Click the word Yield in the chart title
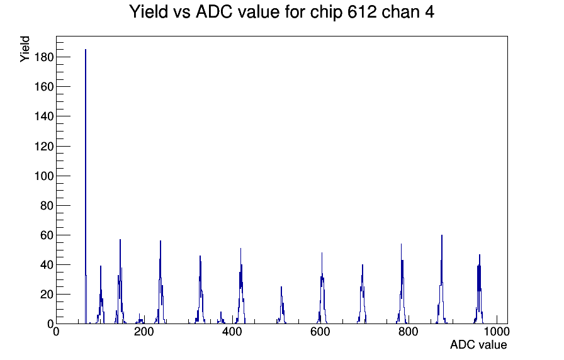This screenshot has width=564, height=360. pyautogui.click(x=148, y=11)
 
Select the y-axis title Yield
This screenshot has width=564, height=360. pyautogui.click(x=25, y=49)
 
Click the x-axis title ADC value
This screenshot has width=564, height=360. pyautogui.click(x=478, y=344)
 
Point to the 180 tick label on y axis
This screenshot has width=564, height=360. pyautogui.click(x=44, y=57)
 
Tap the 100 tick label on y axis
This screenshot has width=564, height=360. pyautogui.click(x=44, y=176)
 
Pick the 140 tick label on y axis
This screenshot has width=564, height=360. pyautogui.click(x=44, y=116)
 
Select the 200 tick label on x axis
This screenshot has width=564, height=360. pyautogui.click(x=144, y=331)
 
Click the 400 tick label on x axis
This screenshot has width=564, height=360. pyautogui.click(x=232, y=331)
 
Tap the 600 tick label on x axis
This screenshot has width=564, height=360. pyautogui.click(x=320, y=331)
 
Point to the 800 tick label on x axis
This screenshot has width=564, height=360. pyautogui.click(x=409, y=331)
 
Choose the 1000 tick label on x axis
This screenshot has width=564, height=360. pyautogui.click(x=497, y=331)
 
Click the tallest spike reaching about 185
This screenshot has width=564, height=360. pyautogui.click(x=86, y=186)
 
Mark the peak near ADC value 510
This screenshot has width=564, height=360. pyautogui.click(x=281, y=305)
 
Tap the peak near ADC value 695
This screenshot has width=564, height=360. pyautogui.click(x=362, y=294)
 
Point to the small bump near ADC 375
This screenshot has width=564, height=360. pyautogui.click(x=221, y=318)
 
